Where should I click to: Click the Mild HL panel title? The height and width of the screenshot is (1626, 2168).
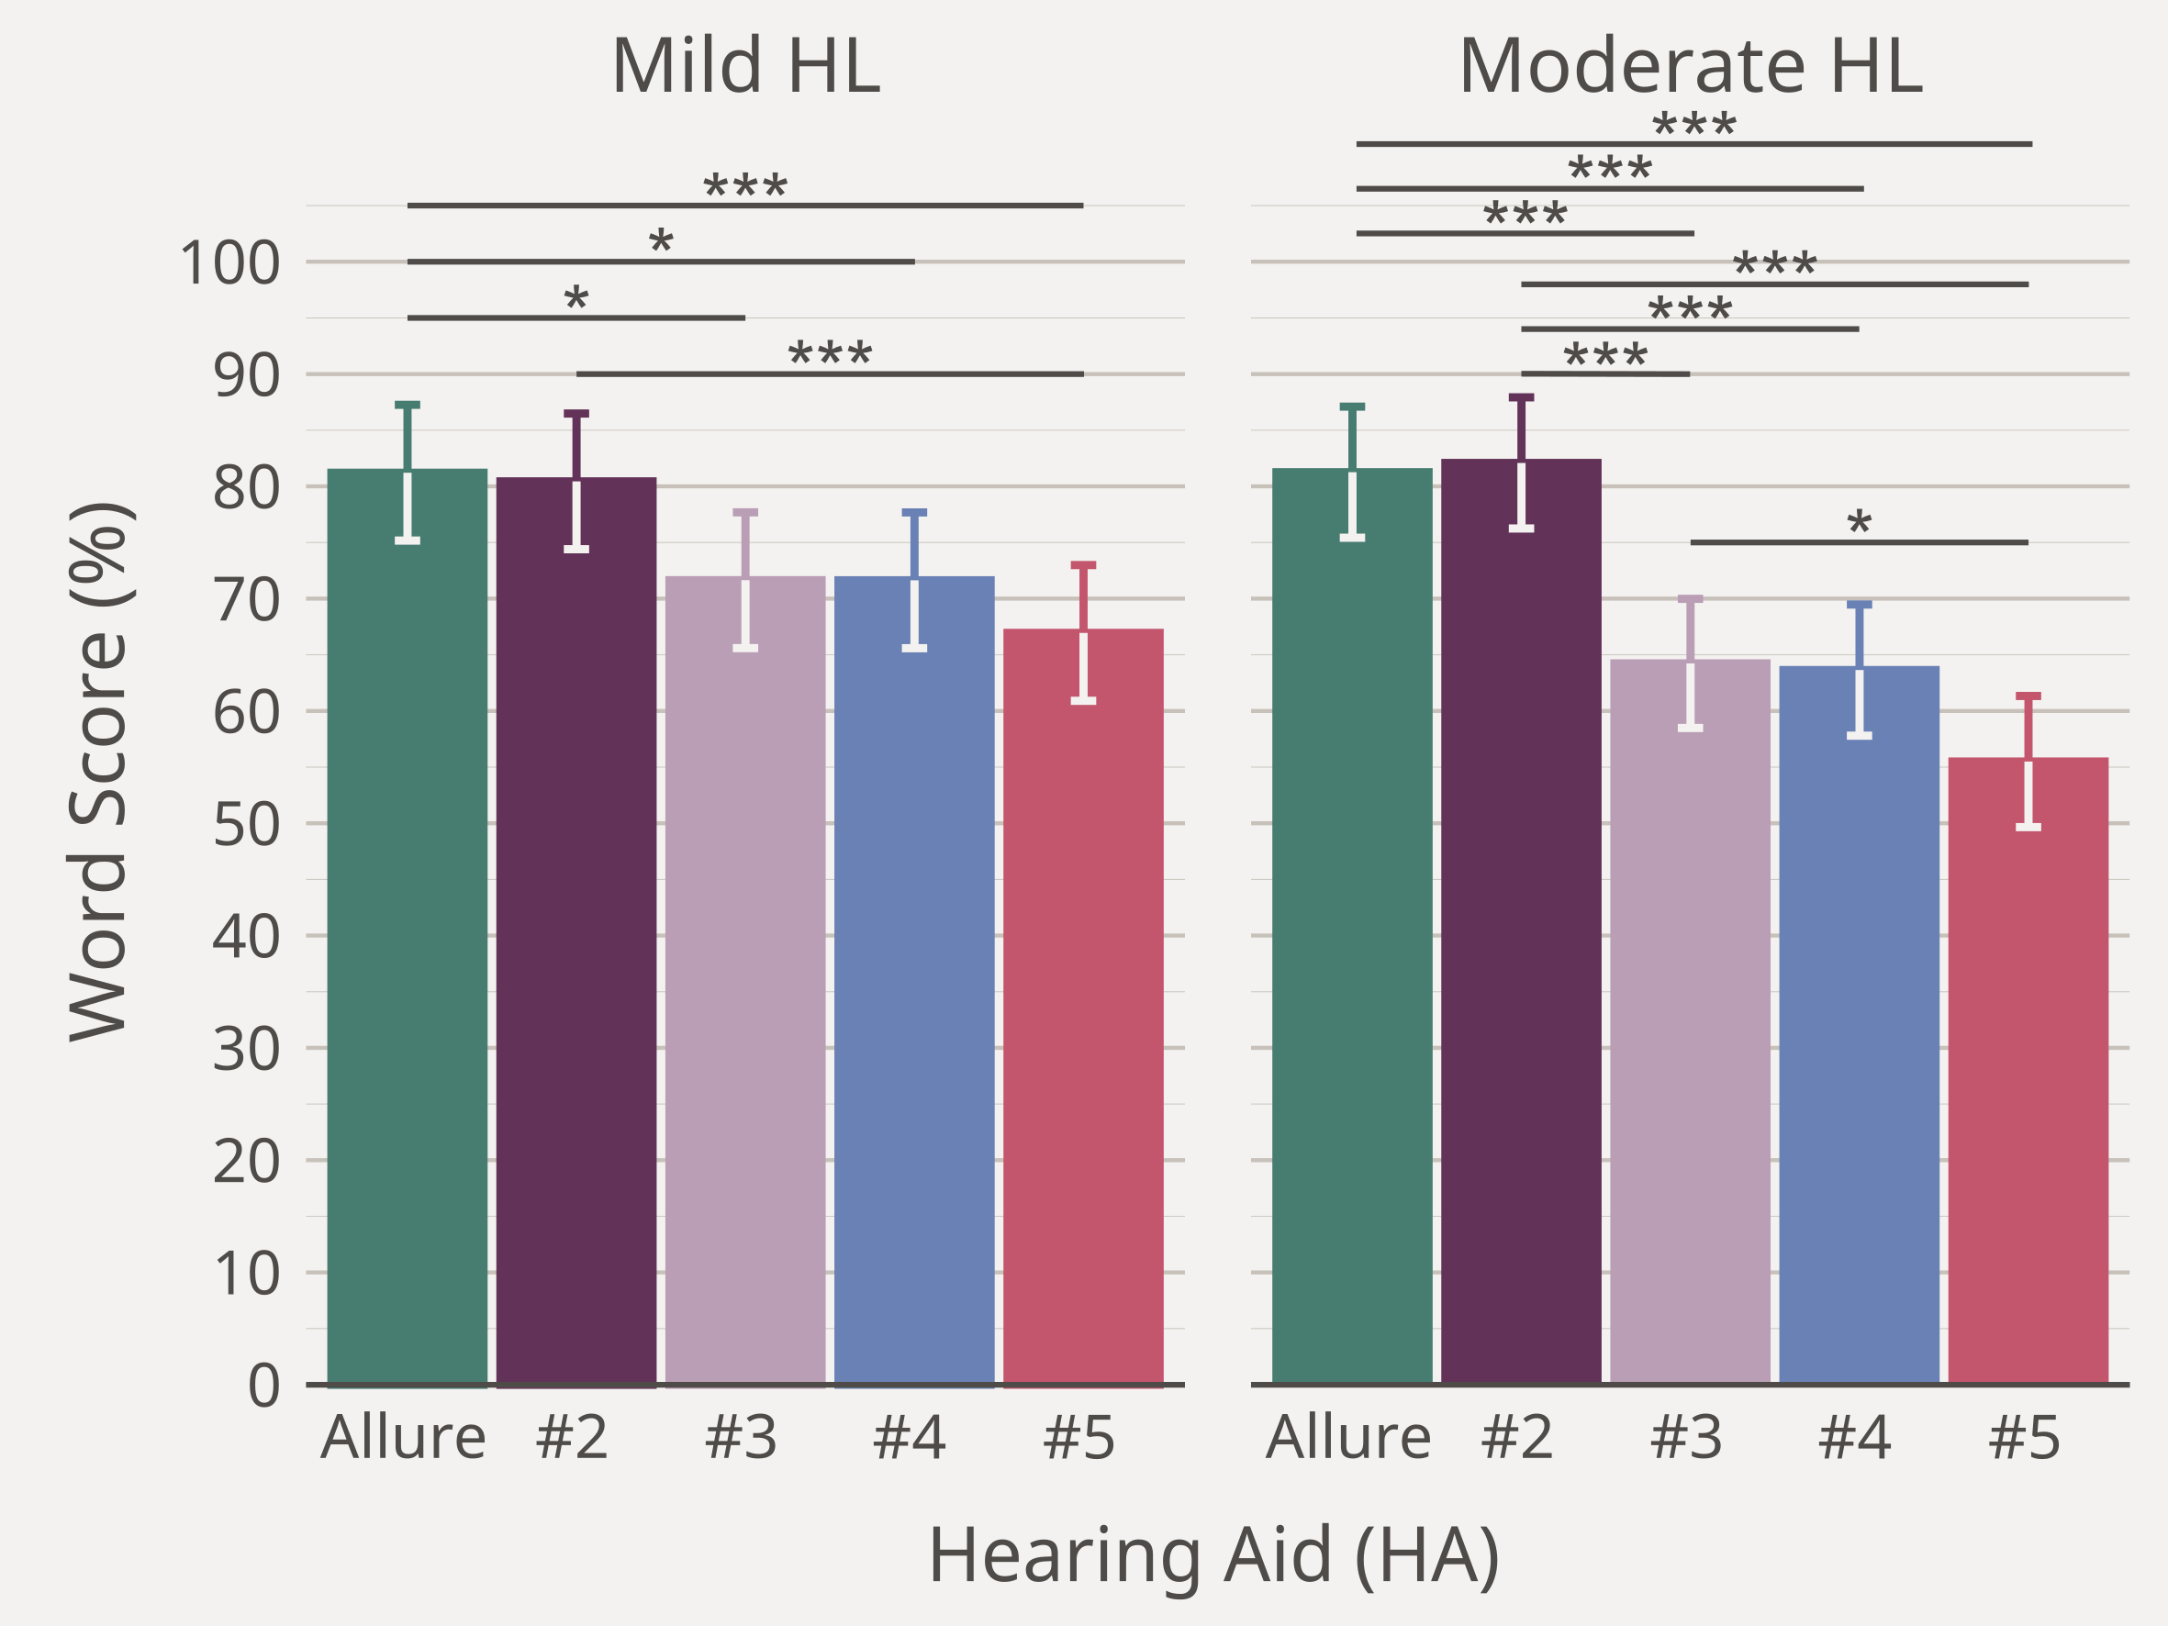click(x=745, y=67)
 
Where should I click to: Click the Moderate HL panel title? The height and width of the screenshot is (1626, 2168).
click(x=1690, y=67)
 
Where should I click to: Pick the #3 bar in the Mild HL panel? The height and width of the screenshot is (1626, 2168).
click(x=745, y=980)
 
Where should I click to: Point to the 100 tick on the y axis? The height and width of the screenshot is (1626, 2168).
click(x=230, y=263)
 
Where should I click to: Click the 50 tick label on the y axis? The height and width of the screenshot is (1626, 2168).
click(x=246, y=824)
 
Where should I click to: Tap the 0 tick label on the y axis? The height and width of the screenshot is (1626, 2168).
click(x=263, y=1386)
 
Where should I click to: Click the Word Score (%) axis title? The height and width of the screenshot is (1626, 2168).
click(x=98, y=773)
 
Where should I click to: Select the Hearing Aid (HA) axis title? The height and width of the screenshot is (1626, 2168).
click(x=1213, y=1555)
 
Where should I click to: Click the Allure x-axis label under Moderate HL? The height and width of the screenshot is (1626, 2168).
click(x=1347, y=1438)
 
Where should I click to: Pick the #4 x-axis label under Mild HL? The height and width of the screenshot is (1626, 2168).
click(x=910, y=1438)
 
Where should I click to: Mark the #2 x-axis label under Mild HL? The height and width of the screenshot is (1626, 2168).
click(x=573, y=1438)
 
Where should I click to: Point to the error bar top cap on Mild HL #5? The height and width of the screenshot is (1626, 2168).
click(x=1083, y=565)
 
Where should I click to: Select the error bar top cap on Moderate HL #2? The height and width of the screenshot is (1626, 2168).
click(x=1521, y=398)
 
